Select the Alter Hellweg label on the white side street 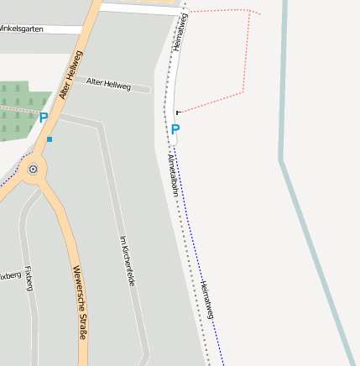109,84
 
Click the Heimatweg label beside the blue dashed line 207,299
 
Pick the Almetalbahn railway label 174,174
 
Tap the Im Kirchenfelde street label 127,260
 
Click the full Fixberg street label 29,279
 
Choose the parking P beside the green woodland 44,118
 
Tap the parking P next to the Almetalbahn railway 175,129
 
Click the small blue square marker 50,139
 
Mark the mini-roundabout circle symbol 34,169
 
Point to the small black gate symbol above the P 178,112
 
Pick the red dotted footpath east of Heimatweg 245,59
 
